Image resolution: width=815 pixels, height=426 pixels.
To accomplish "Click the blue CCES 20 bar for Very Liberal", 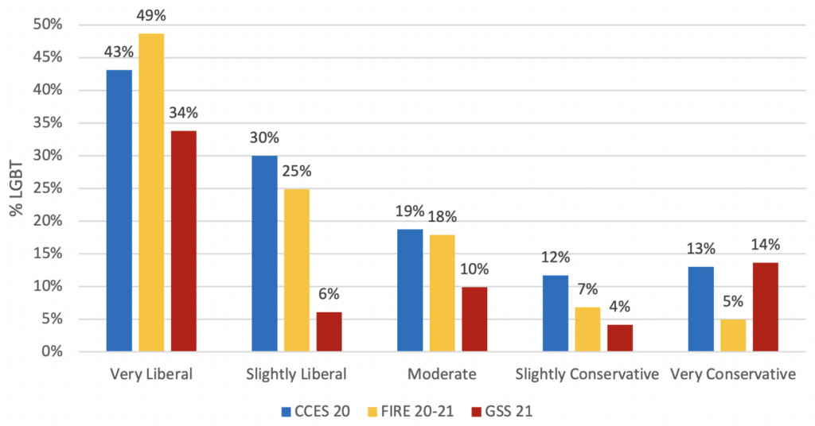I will pyautogui.click(x=119, y=211).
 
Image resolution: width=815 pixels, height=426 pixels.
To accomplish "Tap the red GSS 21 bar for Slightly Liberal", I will pyautogui.click(x=329, y=331).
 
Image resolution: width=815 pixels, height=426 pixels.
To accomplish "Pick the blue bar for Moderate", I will pyautogui.click(x=410, y=290).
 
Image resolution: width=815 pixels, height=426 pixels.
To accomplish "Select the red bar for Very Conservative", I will pyautogui.click(x=765, y=307).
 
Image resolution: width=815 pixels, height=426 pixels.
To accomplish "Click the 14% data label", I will pyautogui.click(x=765, y=245).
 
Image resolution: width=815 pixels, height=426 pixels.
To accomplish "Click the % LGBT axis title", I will pyautogui.click(x=16, y=188).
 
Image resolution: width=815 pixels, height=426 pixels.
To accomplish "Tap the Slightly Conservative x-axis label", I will pyautogui.click(x=587, y=374).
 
